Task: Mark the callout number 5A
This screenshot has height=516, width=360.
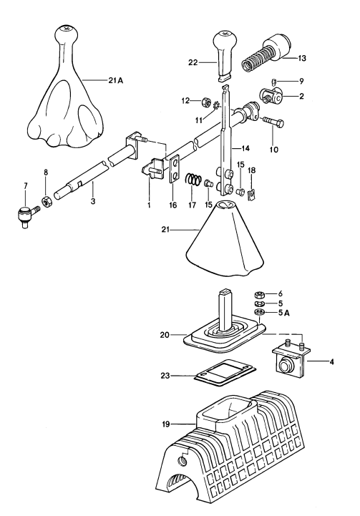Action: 281,313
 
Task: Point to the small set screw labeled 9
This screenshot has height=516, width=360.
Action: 276,82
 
